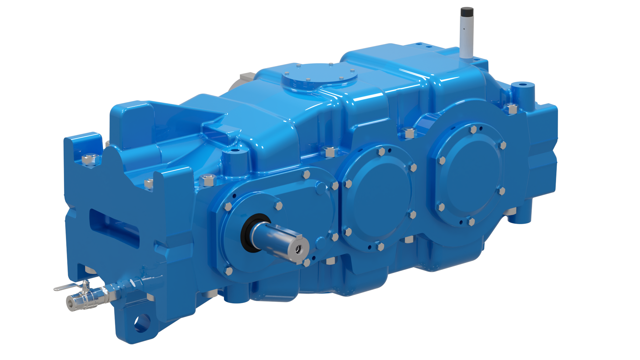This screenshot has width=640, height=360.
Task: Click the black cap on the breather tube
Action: click(x=467, y=12)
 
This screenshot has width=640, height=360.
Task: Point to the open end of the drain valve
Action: click(x=71, y=303)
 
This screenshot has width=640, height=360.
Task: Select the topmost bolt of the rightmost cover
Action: click(x=473, y=129)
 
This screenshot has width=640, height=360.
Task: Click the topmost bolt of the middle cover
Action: click(x=381, y=152)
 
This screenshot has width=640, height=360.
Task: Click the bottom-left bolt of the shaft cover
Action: click(x=228, y=271)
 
